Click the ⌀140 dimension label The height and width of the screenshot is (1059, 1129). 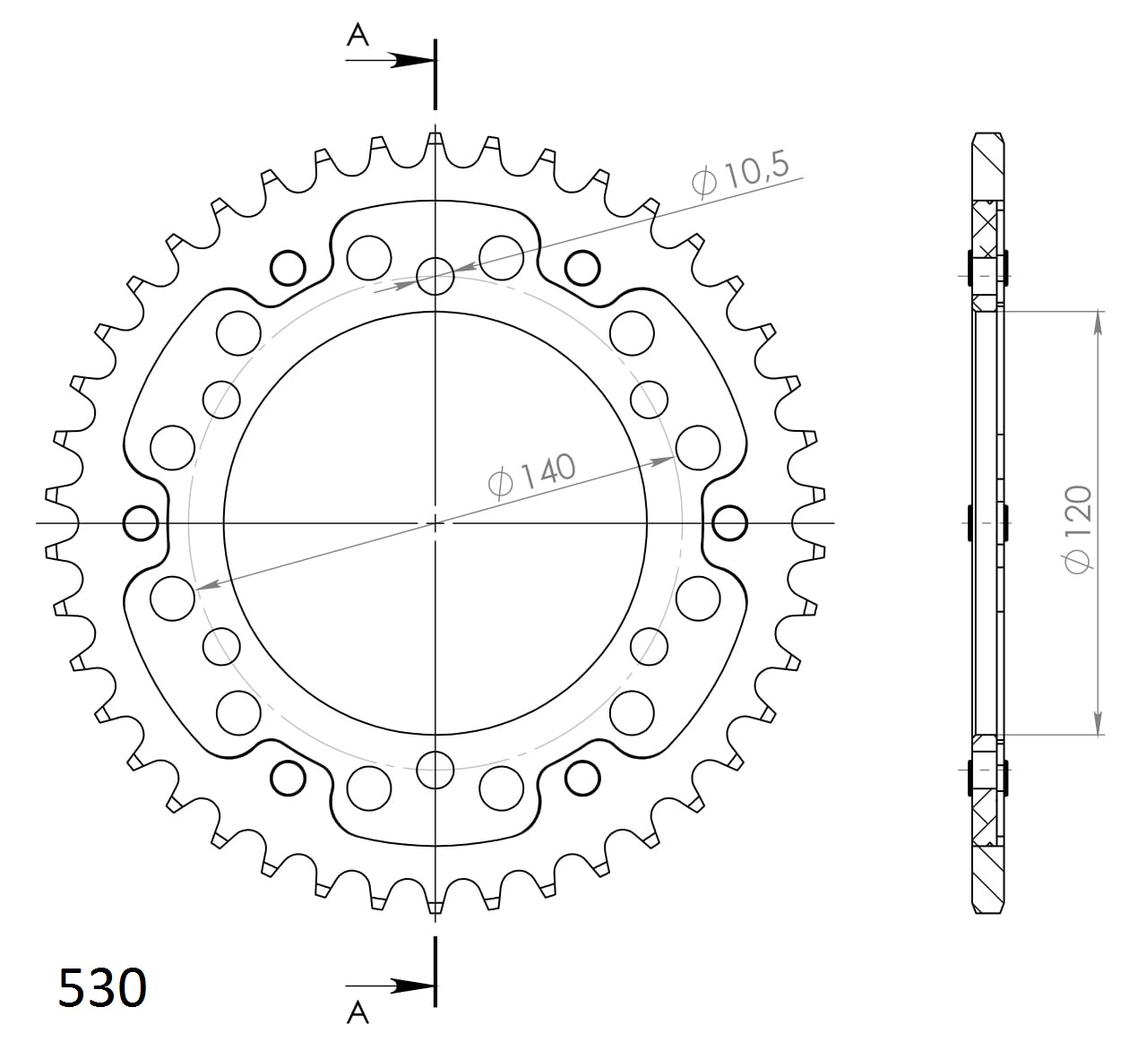(x=532, y=477)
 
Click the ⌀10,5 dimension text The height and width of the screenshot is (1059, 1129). (x=741, y=174)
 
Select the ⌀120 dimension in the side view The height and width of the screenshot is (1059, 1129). (x=1077, y=529)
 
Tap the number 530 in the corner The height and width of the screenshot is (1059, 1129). (x=102, y=988)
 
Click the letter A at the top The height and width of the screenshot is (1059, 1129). (x=358, y=36)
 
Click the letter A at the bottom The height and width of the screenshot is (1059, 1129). (x=358, y=1012)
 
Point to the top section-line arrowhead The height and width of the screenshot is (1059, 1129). (x=411, y=60)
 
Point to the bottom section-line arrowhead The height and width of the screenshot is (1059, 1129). (x=411, y=986)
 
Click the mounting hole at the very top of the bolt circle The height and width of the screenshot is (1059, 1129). (x=435, y=276)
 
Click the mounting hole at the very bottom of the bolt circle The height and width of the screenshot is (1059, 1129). (x=435, y=770)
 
